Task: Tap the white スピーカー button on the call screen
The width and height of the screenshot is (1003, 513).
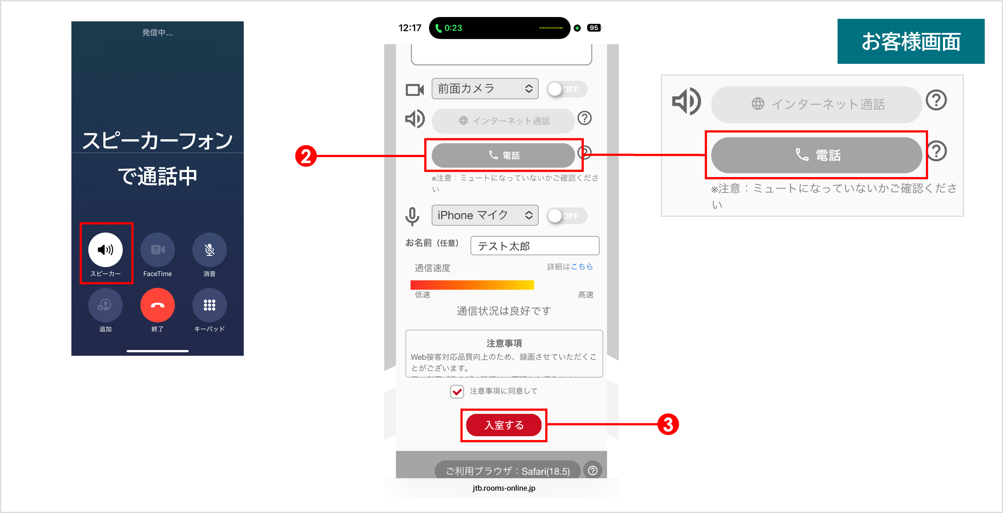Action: [x=105, y=250]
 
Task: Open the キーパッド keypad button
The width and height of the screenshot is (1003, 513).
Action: [x=210, y=305]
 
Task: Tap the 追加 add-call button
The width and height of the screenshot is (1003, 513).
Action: [x=105, y=305]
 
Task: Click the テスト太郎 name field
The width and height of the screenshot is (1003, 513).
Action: [x=535, y=246]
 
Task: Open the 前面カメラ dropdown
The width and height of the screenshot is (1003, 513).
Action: [x=485, y=89]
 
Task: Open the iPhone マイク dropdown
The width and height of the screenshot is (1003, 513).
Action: [x=485, y=215]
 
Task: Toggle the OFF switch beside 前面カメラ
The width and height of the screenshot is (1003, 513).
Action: [x=566, y=89]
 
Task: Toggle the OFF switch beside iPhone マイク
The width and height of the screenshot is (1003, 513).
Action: [x=566, y=216]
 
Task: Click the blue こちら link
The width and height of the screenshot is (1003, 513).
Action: [x=582, y=267]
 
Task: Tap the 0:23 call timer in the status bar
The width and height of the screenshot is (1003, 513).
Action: [x=453, y=28]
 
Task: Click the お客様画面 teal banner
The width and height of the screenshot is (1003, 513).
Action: [x=911, y=41]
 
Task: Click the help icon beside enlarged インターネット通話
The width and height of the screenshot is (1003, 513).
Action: [x=936, y=100]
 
